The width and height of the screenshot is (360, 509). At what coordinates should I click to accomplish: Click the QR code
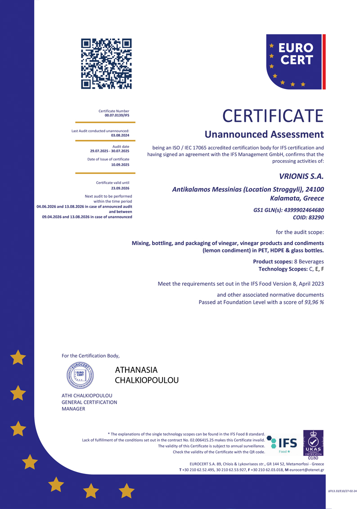[106, 63]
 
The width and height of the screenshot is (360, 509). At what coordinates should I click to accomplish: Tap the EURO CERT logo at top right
[296, 61]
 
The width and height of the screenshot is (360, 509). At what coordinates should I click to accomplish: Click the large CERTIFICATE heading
[273, 116]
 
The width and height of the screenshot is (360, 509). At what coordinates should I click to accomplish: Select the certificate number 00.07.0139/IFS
[117, 116]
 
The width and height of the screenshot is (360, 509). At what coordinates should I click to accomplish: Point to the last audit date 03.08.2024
[120, 135]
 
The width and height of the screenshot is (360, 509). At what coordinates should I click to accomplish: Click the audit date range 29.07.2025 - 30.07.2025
[110, 151]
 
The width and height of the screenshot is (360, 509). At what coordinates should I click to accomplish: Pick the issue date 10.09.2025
[120, 165]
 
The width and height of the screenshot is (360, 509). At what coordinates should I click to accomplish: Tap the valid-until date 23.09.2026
[120, 188]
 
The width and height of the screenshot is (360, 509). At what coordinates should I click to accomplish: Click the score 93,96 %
[314, 302]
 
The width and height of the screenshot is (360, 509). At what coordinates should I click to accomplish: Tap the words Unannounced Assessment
[264, 134]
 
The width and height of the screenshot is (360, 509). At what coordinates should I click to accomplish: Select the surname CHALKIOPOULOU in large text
[147, 380]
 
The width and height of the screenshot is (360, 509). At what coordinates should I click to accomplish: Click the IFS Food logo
[282, 443]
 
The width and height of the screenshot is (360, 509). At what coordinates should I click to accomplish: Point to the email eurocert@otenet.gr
[306, 470]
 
